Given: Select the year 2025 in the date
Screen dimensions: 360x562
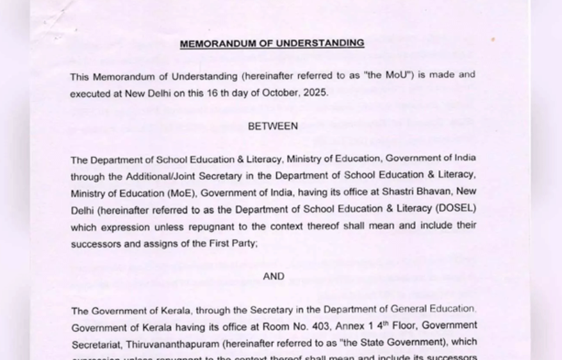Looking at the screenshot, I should point(314,92).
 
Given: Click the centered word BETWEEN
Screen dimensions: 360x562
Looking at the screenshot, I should point(273,126).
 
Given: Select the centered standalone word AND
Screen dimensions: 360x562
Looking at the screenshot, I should point(274,277).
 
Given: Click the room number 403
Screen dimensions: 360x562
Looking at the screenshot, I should point(331,327).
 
